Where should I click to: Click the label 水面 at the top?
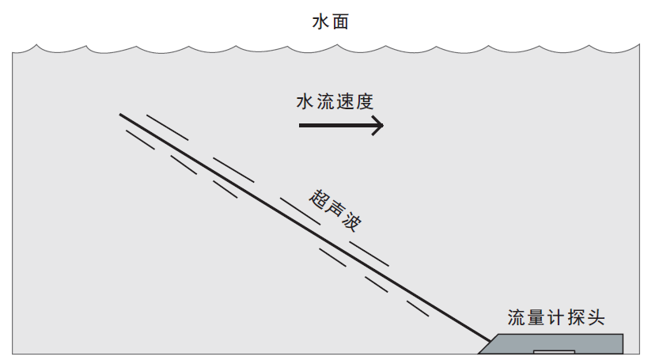coord(330,22)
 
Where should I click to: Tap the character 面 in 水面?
coord(340,22)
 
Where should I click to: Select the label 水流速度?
coord(333,102)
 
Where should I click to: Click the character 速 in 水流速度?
coord(343,102)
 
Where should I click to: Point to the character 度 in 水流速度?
coord(363,102)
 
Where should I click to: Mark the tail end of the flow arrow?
coord(300,125)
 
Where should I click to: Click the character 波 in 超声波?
coord(351,223)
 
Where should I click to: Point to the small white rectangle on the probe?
coord(554,351)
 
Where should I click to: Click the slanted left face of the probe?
coord(491,345)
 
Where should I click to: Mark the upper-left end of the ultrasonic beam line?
coord(121,115)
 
